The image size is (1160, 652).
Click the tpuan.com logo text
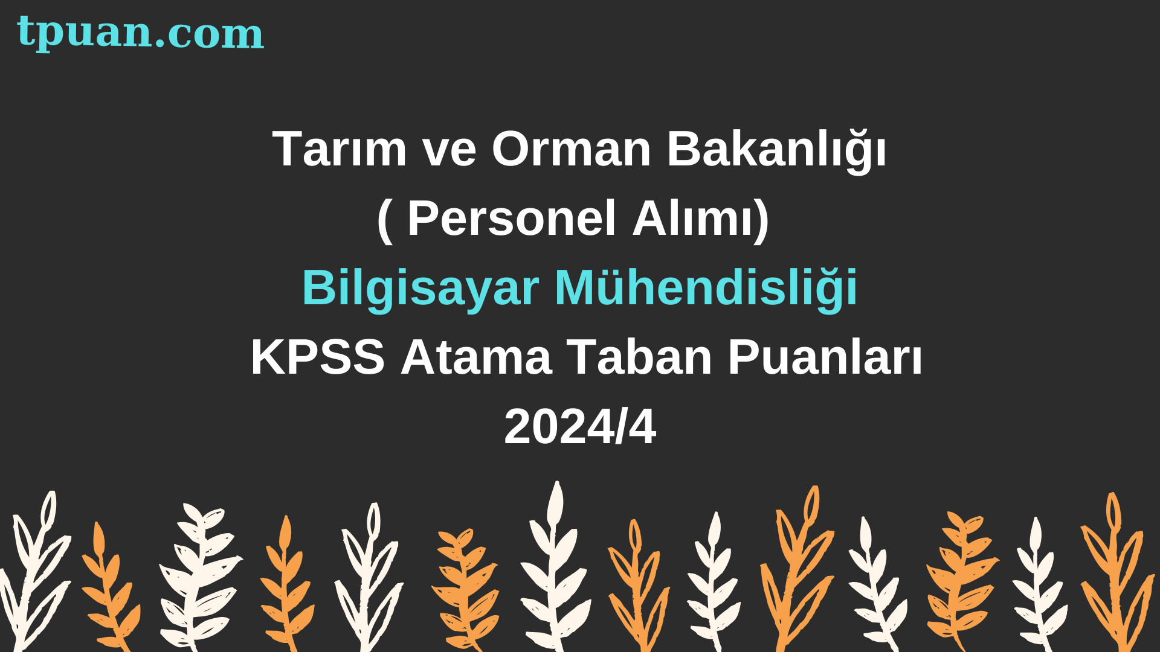(x=140, y=33)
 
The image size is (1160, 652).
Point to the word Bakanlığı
(x=777, y=151)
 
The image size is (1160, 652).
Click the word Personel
(x=512, y=218)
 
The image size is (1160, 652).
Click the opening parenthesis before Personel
(x=385, y=220)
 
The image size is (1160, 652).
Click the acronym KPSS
(x=318, y=357)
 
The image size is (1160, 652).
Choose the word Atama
(x=476, y=357)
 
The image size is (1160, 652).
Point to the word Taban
(x=639, y=357)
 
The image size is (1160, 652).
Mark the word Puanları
(x=825, y=357)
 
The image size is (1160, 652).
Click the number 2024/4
(x=580, y=427)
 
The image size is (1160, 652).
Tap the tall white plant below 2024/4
(x=555, y=567)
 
